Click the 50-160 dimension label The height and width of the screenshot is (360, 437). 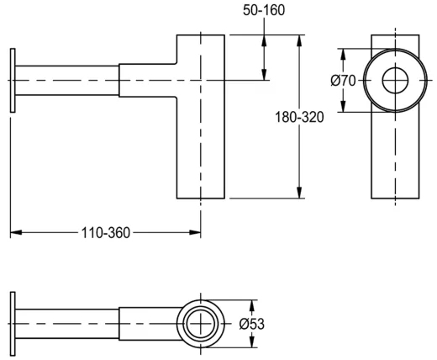point(264,10)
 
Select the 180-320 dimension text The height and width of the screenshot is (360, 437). point(299,117)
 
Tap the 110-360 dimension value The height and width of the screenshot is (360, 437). point(106,233)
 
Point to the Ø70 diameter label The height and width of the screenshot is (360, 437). point(343,81)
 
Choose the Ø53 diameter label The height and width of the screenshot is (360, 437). point(252,324)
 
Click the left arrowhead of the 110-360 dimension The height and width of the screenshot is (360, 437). point(16,232)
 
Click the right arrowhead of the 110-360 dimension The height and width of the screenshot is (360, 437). point(195,232)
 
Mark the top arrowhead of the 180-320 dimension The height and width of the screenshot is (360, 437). point(299,40)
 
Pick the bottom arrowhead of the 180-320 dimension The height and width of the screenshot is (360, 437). point(299,193)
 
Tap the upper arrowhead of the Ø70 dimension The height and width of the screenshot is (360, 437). point(342,54)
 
